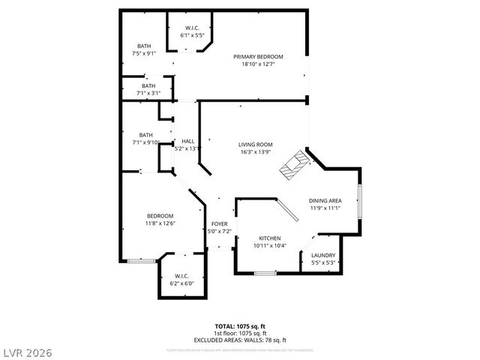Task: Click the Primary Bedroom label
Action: (x=258, y=57)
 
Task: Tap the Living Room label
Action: (x=255, y=145)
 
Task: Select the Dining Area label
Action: (x=325, y=200)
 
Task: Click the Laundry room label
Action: (x=322, y=255)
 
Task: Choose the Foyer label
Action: (x=219, y=224)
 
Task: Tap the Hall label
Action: (x=188, y=141)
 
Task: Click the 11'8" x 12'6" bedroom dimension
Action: (x=160, y=223)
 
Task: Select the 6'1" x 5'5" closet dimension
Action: (x=193, y=36)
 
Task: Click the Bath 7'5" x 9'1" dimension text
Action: (x=143, y=53)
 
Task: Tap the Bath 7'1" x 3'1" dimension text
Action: (x=148, y=93)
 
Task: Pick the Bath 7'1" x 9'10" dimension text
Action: (x=145, y=142)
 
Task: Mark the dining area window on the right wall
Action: (x=359, y=203)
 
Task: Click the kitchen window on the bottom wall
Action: (x=265, y=272)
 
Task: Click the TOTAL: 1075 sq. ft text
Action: (x=240, y=327)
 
